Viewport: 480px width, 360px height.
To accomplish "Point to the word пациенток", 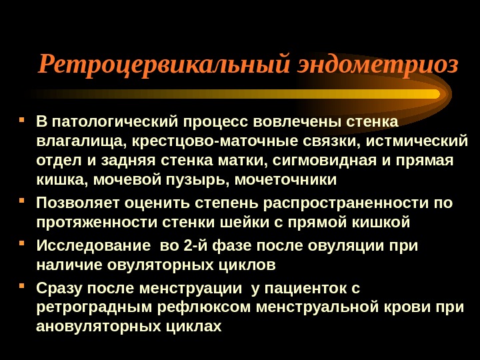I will (x=301, y=289).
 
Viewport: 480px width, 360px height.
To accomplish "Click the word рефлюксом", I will (x=198, y=308).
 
